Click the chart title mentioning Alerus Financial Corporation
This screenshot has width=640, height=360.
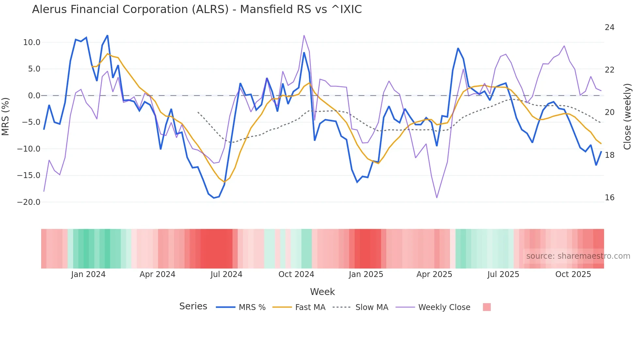tap(197, 9)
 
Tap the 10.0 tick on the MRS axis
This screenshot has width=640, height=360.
tap(32, 42)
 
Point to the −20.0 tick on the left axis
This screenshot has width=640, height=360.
tap(29, 202)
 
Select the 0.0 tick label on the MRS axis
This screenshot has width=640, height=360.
tap(34, 96)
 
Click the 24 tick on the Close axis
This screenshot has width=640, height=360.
tap(609, 27)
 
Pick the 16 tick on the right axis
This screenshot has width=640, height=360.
tap(609, 198)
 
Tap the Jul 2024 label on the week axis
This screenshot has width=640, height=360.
tap(226, 274)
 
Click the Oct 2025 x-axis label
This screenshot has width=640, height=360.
tap(573, 274)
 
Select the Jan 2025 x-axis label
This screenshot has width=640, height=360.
tap(366, 274)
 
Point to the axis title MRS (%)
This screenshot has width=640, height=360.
tap(6, 116)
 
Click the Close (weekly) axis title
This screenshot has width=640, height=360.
tap(627, 116)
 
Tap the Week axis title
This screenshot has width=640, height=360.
tap(322, 292)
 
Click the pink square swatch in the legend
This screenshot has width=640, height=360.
tap(487, 307)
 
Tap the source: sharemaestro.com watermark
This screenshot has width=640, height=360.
tap(578, 256)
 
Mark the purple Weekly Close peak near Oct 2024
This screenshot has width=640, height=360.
tap(304, 35)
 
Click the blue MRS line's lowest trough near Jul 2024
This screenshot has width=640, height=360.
tap(214, 198)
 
